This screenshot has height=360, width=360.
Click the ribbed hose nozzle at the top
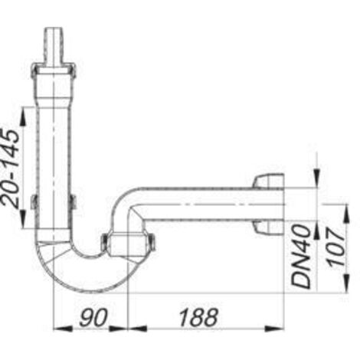[x=53, y=41]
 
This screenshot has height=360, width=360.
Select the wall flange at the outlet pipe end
[x=267, y=205]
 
